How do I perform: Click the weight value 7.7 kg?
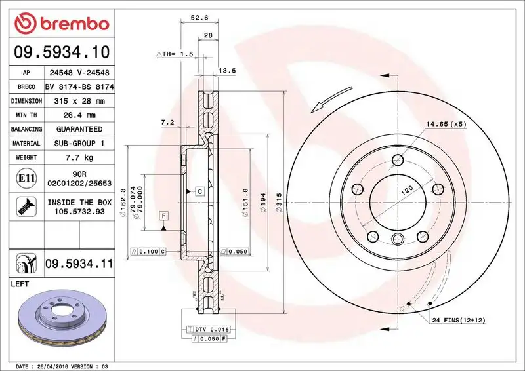[79, 157]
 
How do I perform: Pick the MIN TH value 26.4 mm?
[79, 115]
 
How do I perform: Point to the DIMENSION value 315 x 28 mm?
[79, 101]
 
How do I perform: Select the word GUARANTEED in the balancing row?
[79, 129]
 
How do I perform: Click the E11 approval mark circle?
[26, 178]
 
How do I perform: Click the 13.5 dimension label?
[226, 70]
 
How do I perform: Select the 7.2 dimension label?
[167, 122]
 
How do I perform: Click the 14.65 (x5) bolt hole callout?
[444, 123]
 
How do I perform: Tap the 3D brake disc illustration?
[62, 318]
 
